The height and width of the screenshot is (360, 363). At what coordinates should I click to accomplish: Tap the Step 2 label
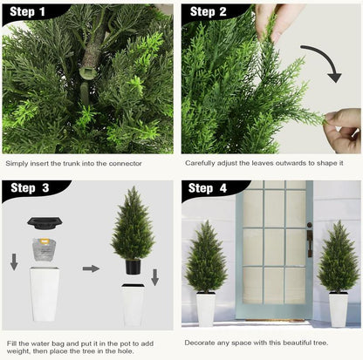click(209, 12)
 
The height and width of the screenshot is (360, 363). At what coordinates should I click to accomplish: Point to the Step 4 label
click(207, 188)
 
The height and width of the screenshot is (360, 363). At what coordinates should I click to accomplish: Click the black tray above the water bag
click(40, 223)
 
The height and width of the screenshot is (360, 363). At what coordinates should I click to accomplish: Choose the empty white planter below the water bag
click(45, 296)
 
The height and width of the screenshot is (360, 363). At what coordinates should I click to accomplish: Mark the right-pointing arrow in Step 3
click(92, 268)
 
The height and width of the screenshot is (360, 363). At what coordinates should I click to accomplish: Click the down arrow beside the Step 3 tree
click(155, 277)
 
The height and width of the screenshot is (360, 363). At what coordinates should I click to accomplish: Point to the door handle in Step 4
click(309, 242)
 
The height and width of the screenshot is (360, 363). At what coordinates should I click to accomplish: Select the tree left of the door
click(206, 257)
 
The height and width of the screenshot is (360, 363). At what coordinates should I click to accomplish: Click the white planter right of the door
click(338, 309)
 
